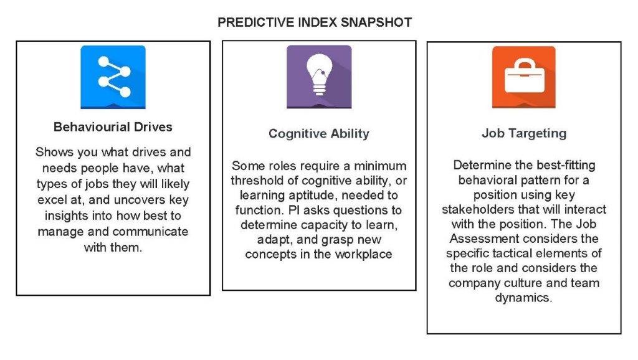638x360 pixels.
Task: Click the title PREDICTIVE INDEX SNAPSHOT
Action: [x=315, y=22]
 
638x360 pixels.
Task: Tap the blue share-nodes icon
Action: [x=113, y=77]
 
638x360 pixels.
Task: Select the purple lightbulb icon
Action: [x=319, y=77]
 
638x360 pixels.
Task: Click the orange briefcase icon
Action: [x=523, y=77]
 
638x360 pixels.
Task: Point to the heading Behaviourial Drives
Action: [x=113, y=127]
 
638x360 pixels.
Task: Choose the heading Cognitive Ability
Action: [x=319, y=133]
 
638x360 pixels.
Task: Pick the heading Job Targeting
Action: [x=524, y=133]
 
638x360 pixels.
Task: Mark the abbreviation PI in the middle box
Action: [x=294, y=210]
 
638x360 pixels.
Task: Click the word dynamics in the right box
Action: [x=523, y=298]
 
